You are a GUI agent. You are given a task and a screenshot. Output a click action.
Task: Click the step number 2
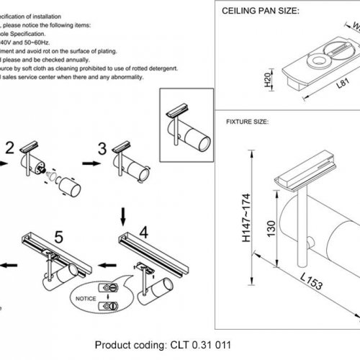pos(9,148)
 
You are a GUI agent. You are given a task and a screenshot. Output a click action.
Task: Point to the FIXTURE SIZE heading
pos(247,123)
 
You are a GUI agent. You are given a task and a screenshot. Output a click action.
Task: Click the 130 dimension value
pos(271,228)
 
